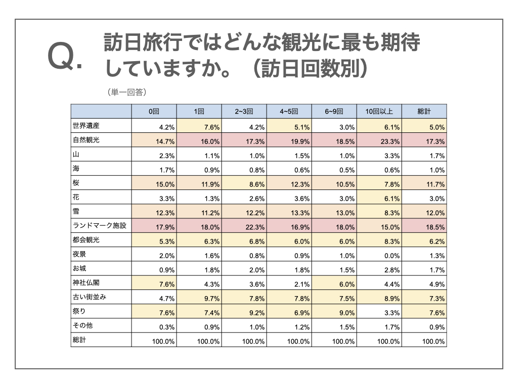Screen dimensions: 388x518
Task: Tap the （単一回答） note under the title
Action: tap(126, 92)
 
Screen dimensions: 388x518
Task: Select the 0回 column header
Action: tap(154, 112)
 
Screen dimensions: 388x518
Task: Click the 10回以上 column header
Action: tap(379, 112)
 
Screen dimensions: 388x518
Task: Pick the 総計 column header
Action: tap(424, 112)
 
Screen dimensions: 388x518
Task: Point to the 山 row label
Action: tap(76, 155)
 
